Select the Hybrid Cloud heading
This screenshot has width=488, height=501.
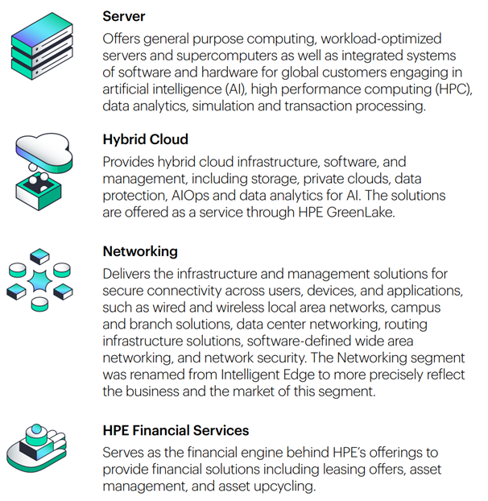[x=146, y=139]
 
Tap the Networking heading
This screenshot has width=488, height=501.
[x=140, y=252]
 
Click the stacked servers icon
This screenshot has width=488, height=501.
[x=39, y=45]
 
